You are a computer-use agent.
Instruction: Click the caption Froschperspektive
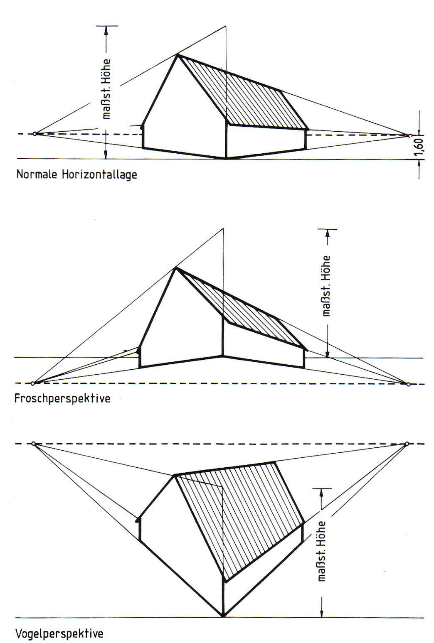pos(62,398)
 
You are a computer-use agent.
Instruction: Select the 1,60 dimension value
pos(419,147)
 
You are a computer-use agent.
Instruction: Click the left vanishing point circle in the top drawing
pos(35,134)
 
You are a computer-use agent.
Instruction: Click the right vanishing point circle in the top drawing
pos(410,135)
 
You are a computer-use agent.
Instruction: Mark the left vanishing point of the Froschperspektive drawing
pos(33,383)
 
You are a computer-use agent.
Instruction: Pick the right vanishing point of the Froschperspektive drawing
pos(409,384)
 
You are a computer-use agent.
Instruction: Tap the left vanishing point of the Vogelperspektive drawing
pos(33,444)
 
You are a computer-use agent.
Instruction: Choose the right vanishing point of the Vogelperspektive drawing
pos(407,444)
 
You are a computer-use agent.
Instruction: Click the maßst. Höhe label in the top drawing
pos(106,89)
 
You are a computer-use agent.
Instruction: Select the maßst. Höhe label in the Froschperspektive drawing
pos(327,286)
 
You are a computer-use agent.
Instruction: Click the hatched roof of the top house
pos(244,95)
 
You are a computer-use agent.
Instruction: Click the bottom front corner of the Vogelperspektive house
pos(223,615)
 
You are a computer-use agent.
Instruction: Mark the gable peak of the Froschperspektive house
pos(175,268)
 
